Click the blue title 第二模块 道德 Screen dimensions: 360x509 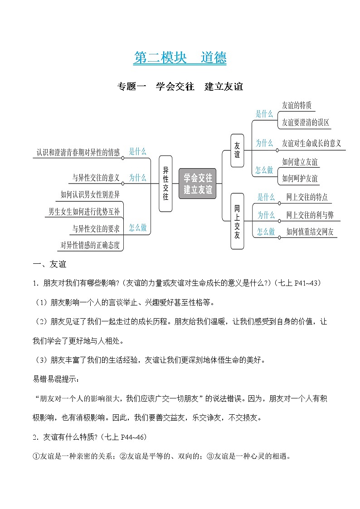[x=180, y=58]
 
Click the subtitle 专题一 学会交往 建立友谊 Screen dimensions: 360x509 [x=180, y=86]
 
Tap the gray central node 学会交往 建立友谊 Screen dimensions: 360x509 [x=198, y=183]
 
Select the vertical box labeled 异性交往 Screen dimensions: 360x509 [x=165, y=183]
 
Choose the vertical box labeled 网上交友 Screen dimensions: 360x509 [x=237, y=221]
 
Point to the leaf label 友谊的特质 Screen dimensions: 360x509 [x=297, y=106]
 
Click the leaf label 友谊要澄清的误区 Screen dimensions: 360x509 [x=305, y=122]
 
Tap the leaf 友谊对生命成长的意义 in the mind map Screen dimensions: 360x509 [x=311, y=143]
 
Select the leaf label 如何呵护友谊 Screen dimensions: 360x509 [x=300, y=178]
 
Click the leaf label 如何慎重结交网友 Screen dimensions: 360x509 [x=310, y=232]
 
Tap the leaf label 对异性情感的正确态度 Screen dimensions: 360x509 [x=90, y=245]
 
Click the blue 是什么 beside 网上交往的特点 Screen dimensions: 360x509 [x=266, y=197]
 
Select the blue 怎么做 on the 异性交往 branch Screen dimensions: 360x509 [x=137, y=228]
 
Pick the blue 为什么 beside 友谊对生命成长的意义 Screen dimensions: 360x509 [x=264, y=143]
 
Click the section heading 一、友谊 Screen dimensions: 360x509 [x=49, y=264]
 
